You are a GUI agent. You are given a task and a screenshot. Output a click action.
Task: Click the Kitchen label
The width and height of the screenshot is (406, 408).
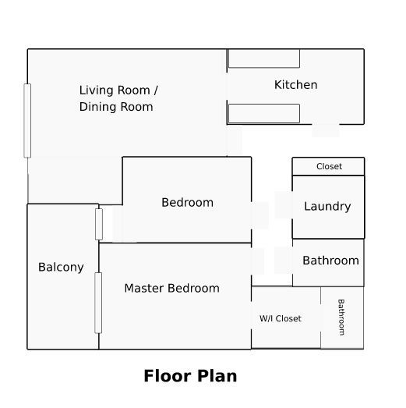(296, 85)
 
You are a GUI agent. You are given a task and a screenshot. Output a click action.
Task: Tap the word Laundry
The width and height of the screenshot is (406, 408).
(327, 207)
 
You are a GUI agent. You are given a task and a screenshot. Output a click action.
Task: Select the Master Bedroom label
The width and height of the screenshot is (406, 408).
(171, 288)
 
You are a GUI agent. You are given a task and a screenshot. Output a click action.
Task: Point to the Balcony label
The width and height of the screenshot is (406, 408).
(61, 268)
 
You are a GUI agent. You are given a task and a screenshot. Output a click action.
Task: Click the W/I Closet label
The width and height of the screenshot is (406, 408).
(281, 318)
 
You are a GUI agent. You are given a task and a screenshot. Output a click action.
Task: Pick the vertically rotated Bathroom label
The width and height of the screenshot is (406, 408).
(341, 318)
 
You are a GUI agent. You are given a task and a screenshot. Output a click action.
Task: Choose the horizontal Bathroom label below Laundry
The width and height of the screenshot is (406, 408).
(330, 261)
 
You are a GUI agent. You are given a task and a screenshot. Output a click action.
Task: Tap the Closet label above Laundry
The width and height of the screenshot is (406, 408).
(329, 166)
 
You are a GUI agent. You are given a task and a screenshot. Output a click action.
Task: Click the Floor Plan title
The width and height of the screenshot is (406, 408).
(190, 376)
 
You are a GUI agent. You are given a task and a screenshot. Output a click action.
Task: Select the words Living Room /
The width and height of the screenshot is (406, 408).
(118, 90)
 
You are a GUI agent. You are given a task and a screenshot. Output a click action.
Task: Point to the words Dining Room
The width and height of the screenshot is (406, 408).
(116, 107)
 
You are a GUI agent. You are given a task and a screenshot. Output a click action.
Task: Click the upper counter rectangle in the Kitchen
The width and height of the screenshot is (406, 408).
(264, 59)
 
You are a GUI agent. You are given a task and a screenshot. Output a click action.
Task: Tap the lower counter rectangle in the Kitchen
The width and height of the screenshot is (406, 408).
(264, 113)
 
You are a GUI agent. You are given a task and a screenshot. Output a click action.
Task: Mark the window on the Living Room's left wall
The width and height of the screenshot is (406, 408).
(27, 121)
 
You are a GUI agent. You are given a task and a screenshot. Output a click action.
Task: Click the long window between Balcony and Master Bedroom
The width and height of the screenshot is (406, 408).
(98, 303)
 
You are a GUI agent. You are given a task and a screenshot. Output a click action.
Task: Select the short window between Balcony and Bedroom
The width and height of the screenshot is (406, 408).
(99, 224)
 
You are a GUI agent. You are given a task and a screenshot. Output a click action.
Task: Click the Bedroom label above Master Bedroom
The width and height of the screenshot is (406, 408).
(187, 202)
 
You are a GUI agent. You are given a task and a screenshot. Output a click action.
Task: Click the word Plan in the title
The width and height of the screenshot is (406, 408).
(217, 376)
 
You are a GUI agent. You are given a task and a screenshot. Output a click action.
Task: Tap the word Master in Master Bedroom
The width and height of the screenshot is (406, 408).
(143, 288)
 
